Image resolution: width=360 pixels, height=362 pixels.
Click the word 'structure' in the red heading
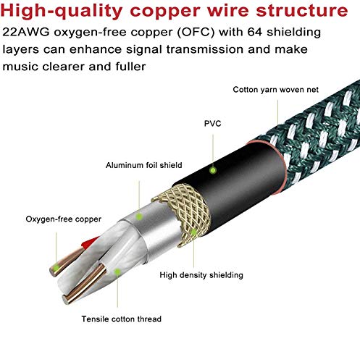coord(302,10)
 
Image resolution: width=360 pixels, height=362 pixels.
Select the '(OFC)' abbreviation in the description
coord(196,32)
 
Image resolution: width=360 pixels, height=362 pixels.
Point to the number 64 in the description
coord(254,32)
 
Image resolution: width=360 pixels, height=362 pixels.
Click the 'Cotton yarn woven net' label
coord(276,90)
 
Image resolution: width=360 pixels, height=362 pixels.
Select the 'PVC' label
coord(213,124)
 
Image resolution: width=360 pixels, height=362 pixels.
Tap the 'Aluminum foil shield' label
coord(144,165)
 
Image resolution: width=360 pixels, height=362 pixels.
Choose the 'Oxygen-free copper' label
coord(64,219)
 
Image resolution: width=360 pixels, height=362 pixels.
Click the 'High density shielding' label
coord(201,275)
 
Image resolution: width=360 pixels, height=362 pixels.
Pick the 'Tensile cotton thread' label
coord(121,319)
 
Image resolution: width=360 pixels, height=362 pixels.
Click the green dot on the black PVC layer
coord(213,170)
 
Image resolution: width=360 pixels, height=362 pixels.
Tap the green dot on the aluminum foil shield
coord(139,216)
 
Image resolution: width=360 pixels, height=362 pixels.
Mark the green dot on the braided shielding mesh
coord(193,232)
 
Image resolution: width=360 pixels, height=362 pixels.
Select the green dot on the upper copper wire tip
coord(56,268)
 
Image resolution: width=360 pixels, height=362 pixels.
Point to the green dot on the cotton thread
coord(117,272)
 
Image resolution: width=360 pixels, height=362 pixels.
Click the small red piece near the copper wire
coord(90,243)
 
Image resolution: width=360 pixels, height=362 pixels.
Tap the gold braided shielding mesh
coord(183,212)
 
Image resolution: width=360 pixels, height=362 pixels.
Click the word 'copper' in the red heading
coord(165,12)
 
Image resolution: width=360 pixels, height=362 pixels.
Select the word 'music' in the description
coord(20,67)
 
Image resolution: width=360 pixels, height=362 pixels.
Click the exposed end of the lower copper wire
coord(65,300)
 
